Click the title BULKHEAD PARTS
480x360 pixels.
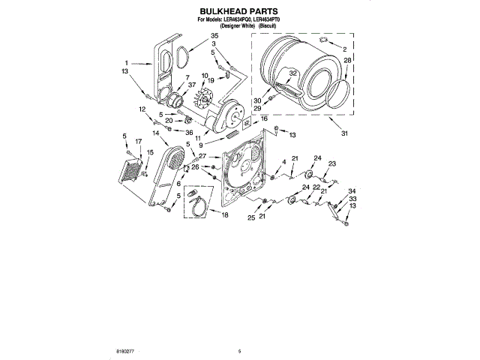click(238, 11)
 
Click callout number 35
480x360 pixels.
click(214, 36)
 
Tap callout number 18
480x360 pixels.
click(223, 215)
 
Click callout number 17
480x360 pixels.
click(137, 141)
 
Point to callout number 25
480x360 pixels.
click(252, 217)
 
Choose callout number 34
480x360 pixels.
click(352, 190)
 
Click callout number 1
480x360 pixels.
click(127, 62)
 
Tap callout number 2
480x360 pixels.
click(344, 49)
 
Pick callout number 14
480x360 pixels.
click(155, 133)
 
